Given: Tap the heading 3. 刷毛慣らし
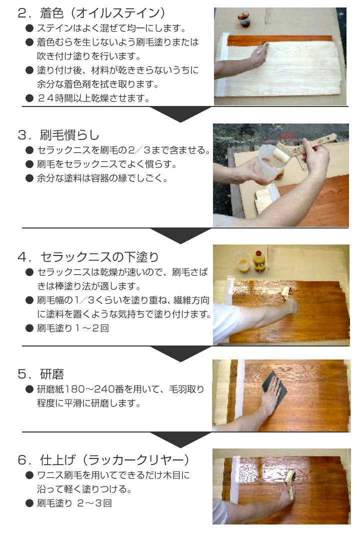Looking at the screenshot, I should pyautogui.click(x=58, y=134).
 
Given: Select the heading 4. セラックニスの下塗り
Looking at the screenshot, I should pyautogui.click(x=88, y=257).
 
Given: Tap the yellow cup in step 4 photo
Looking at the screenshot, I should pyautogui.click(x=241, y=262).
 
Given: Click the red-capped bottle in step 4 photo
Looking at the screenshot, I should pyautogui.click(x=259, y=260).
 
